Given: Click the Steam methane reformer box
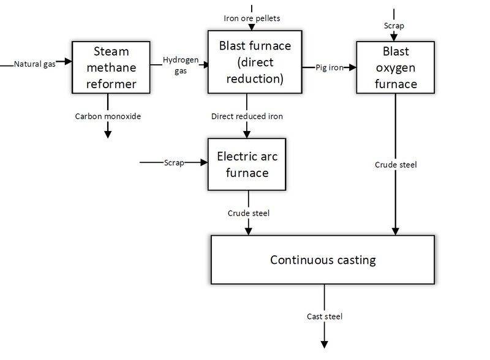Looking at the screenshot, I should (108, 67).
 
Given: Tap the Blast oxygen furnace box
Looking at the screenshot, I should (395, 67).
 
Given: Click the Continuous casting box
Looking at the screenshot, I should (323, 260).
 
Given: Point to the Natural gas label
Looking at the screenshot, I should (35, 64).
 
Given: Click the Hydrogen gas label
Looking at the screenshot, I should (180, 65).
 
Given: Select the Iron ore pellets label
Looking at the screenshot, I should (252, 18).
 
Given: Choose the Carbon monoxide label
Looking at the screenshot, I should (108, 115).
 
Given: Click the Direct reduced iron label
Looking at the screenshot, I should (247, 115).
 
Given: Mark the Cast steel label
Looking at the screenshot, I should (324, 317).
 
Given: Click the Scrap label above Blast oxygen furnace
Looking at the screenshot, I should (394, 26).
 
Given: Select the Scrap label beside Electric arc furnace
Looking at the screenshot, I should (173, 162).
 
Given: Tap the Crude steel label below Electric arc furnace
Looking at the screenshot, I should (248, 213).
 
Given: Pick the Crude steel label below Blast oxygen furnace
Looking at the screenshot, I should (395, 165).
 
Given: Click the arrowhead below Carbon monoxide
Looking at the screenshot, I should (108, 133).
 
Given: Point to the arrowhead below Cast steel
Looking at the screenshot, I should (323, 344).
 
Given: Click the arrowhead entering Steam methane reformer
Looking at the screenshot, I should (67, 64).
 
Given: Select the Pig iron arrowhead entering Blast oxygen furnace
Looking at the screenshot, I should (352, 67).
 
